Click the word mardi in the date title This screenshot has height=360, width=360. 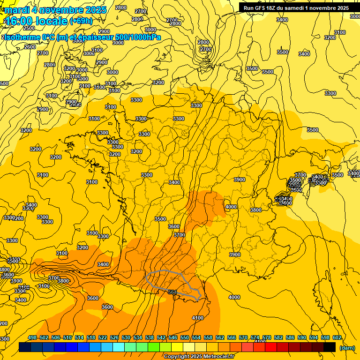tap(17, 10)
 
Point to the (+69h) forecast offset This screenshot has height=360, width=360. tap(81, 21)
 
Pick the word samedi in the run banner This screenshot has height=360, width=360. tap(294, 8)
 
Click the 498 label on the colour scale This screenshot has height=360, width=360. tap(32, 337)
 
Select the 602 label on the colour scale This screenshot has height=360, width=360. tap(337, 337)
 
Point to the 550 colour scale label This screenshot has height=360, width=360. tap(185, 337)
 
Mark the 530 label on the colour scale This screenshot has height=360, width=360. tap(126, 337)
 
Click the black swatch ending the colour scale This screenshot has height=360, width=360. tap(330, 347)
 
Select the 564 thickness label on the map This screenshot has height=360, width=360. tap(172, 292)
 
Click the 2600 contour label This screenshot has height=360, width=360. tap(30, 47)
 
